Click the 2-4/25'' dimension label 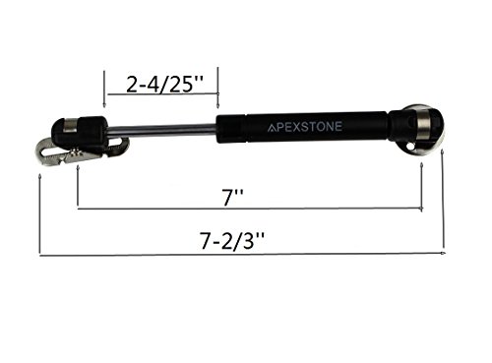[164, 85]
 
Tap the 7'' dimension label [233, 198]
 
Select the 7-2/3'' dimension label [232, 241]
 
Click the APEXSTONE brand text [305, 127]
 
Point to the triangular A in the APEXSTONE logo [272, 128]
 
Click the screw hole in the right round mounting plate [409, 146]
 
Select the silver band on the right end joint [423, 127]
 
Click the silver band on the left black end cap [71, 125]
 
